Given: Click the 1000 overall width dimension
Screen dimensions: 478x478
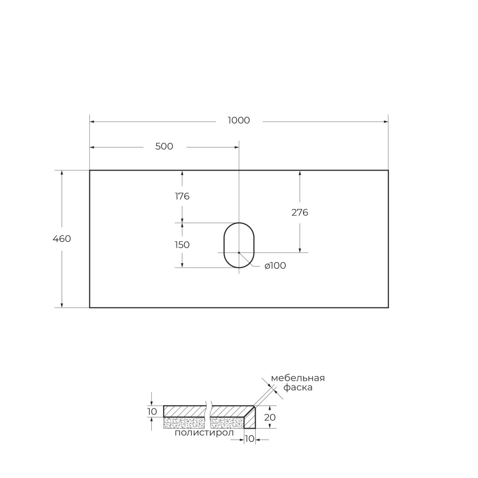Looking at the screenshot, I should click(x=239, y=121).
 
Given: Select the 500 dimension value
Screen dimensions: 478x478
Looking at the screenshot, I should click(x=164, y=147).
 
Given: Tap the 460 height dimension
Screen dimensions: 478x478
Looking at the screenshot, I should click(x=62, y=239).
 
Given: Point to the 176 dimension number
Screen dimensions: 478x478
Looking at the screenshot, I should click(x=182, y=197).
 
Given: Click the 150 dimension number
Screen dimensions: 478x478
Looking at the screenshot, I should click(x=182, y=245).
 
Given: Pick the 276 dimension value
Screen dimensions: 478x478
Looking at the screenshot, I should click(x=300, y=213).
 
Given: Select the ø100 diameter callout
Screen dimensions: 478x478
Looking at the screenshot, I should click(x=275, y=266).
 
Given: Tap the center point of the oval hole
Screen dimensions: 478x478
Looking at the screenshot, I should click(x=239, y=252).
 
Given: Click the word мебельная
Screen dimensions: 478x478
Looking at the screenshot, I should click(x=298, y=378).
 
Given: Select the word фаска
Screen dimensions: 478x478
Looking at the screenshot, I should click(x=298, y=388).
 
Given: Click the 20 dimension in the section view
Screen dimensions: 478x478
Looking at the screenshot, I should click(x=270, y=417).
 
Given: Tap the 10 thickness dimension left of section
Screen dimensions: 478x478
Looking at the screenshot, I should click(x=152, y=411).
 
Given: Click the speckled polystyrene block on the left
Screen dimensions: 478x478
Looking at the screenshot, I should click(x=183, y=422).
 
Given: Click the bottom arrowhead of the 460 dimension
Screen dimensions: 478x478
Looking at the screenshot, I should click(x=62, y=305).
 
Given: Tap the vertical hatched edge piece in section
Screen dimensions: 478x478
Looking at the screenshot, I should click(x=251, y=419).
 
